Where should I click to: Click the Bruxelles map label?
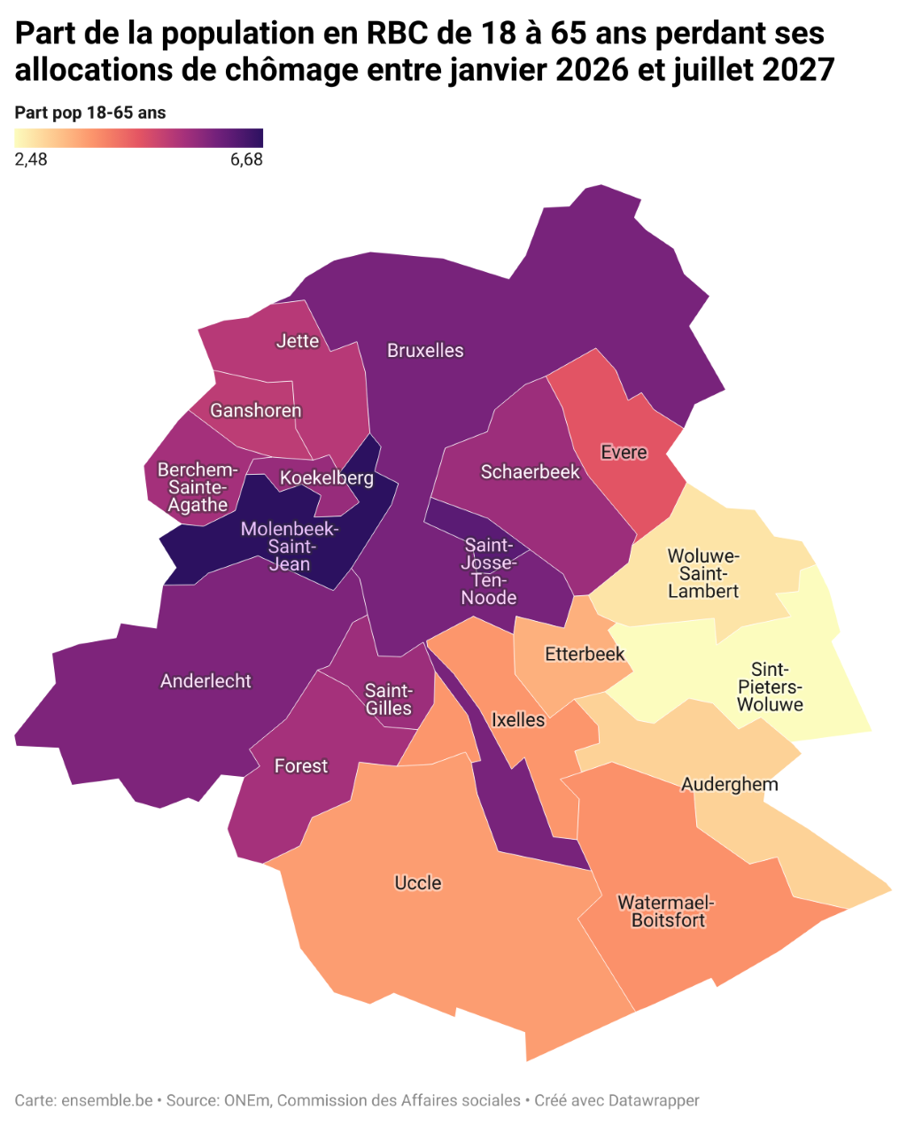click(425, 351)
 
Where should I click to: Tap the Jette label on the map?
click(298, 341)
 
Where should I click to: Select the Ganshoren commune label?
click(255, 411)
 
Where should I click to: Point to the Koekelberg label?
click(327, 478)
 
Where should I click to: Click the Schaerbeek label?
click(530, 472)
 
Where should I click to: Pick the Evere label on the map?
click(624, 453)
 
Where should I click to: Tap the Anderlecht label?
click(205, 681)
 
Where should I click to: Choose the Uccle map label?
click(417, 883)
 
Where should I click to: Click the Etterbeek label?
click(585, 655)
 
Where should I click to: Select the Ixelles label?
click(518, 720)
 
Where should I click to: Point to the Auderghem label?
click(729, 785)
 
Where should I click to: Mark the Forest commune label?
click(301, 766)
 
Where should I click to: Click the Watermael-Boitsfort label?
click(666, 912)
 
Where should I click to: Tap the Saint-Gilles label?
click(389, 700)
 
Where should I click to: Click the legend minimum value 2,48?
click(31, 159)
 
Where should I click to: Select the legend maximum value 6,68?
click(246, 159)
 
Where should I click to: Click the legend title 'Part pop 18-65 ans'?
click(90, 112)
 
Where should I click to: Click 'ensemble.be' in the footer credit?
click(107, 1100)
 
